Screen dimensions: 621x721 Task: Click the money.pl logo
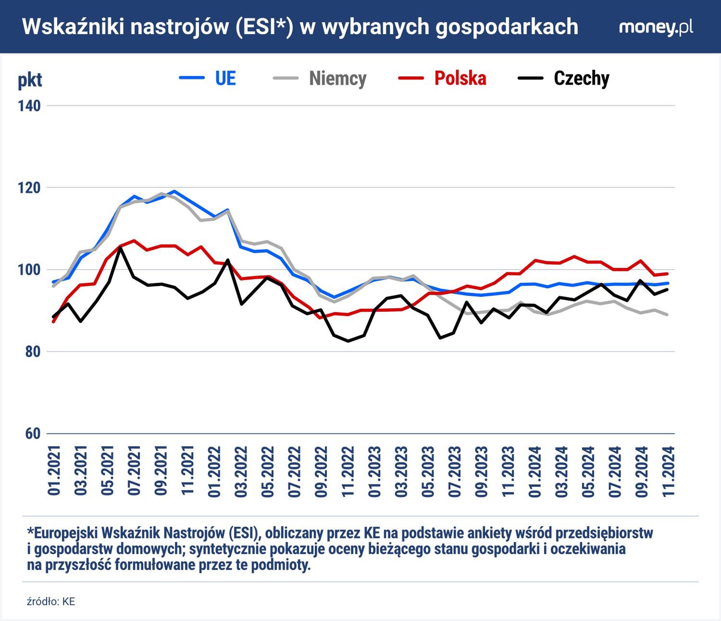656,27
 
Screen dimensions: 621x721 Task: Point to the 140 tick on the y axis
29,106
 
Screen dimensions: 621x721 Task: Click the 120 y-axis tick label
29,188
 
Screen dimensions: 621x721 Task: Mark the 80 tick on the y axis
32,352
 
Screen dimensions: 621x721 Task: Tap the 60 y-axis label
32,433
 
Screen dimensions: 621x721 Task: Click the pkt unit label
30,80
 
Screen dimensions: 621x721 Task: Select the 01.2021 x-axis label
54,471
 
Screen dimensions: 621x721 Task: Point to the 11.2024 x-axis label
669,471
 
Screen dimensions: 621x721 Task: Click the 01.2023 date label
374,471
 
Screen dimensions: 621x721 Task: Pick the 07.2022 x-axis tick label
294,471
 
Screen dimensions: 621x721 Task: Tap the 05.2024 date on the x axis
588,471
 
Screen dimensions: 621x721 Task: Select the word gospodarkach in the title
507,27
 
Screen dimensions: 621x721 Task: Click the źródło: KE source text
51,602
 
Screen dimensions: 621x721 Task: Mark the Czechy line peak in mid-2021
120,248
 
